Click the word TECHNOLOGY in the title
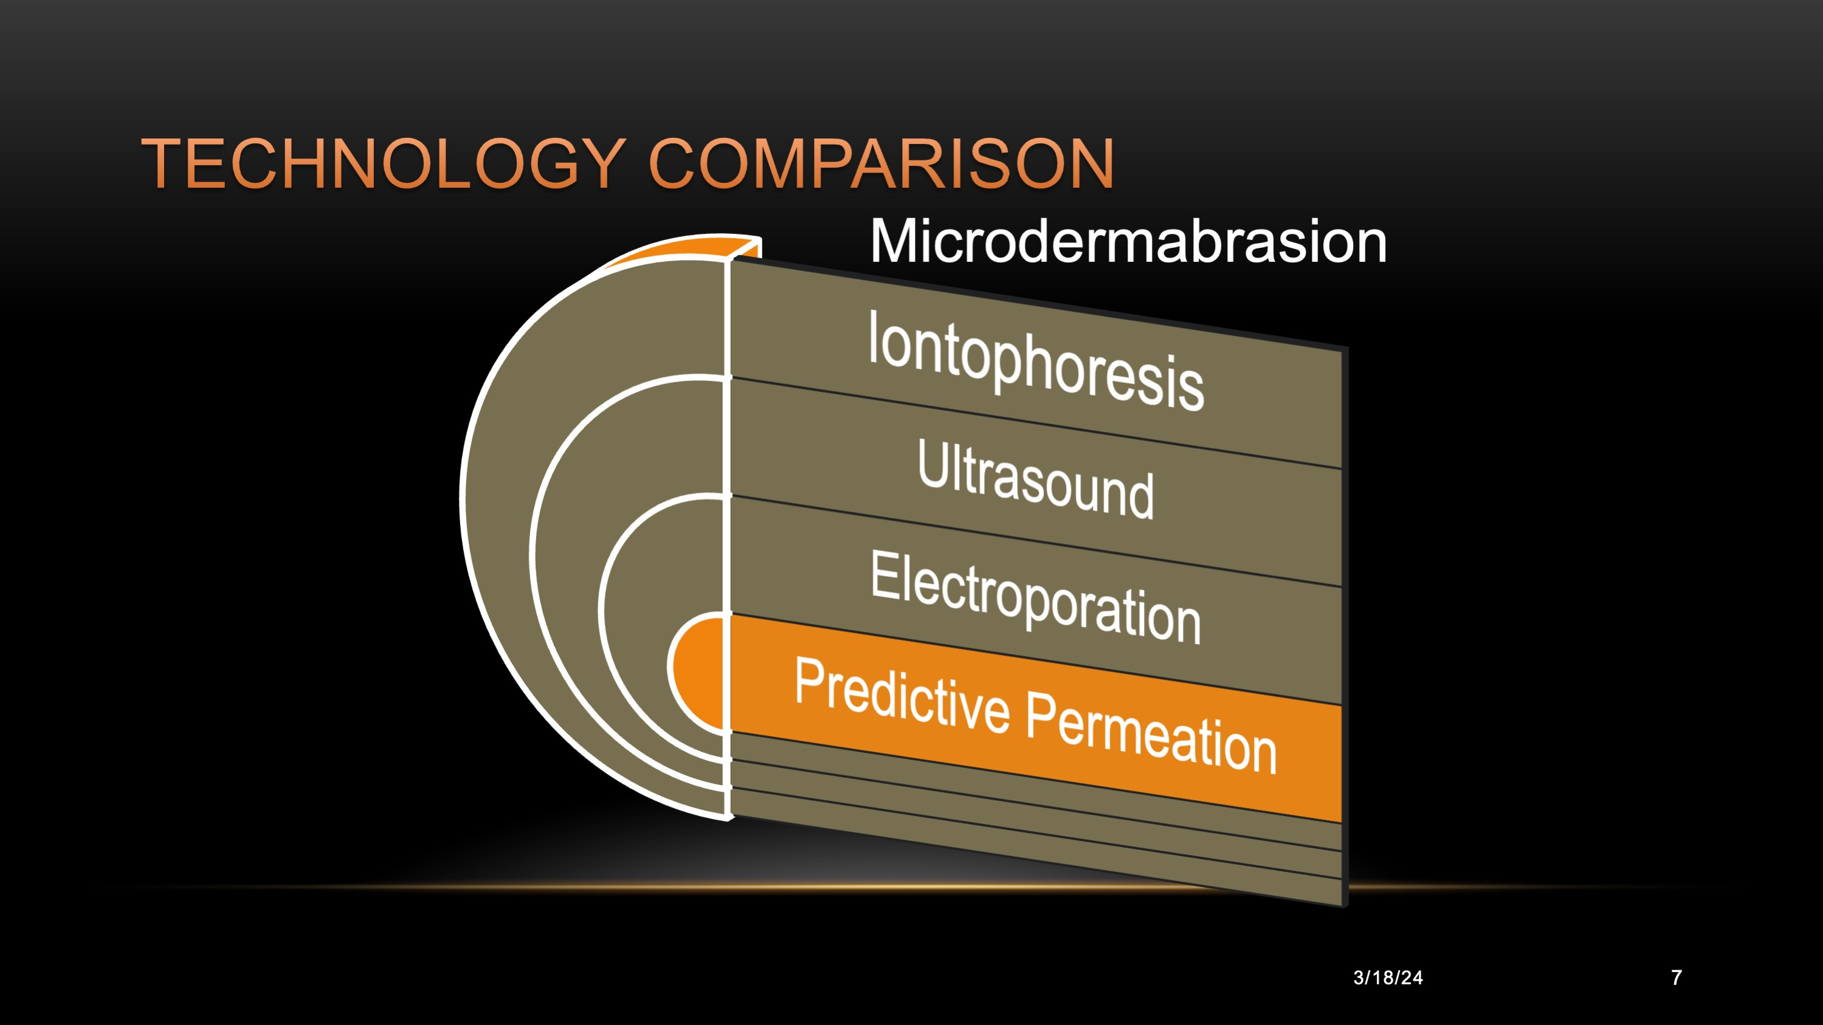tap(384, 164)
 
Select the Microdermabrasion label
tap(1128, 242)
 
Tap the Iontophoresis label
tap(1036, 361)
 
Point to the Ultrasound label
tap(1035, 479)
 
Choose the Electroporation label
tap(1035, 598)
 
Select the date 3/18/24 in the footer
tap(1388, 978)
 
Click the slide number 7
tap(1677, 978)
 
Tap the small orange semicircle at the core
tap(697, 673)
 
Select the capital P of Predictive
tap(809, 680)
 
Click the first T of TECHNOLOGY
tap(164, 164)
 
